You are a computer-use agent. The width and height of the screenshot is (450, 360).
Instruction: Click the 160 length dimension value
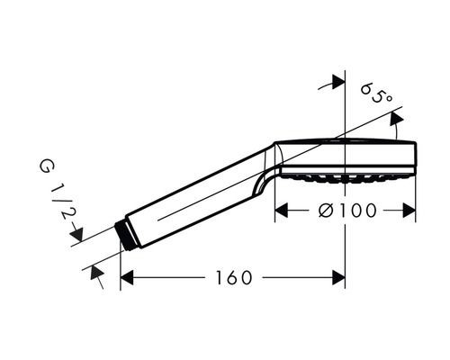pos(233,277)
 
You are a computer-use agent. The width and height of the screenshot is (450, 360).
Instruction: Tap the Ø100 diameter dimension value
pos(346,211)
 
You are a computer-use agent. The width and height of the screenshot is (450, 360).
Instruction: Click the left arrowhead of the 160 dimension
pos(127,277)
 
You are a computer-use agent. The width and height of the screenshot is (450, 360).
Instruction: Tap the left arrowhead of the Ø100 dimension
pos(280,211)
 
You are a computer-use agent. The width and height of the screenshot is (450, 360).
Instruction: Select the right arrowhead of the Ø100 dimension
pos(409,211)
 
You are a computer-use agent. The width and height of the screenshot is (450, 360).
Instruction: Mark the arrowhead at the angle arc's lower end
pos(395,131)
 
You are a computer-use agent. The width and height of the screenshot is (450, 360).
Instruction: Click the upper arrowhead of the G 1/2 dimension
pos(76,236)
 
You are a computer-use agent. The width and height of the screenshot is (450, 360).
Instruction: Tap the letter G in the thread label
pos(45,166)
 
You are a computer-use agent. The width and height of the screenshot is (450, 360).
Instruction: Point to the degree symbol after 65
pos(389,98)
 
